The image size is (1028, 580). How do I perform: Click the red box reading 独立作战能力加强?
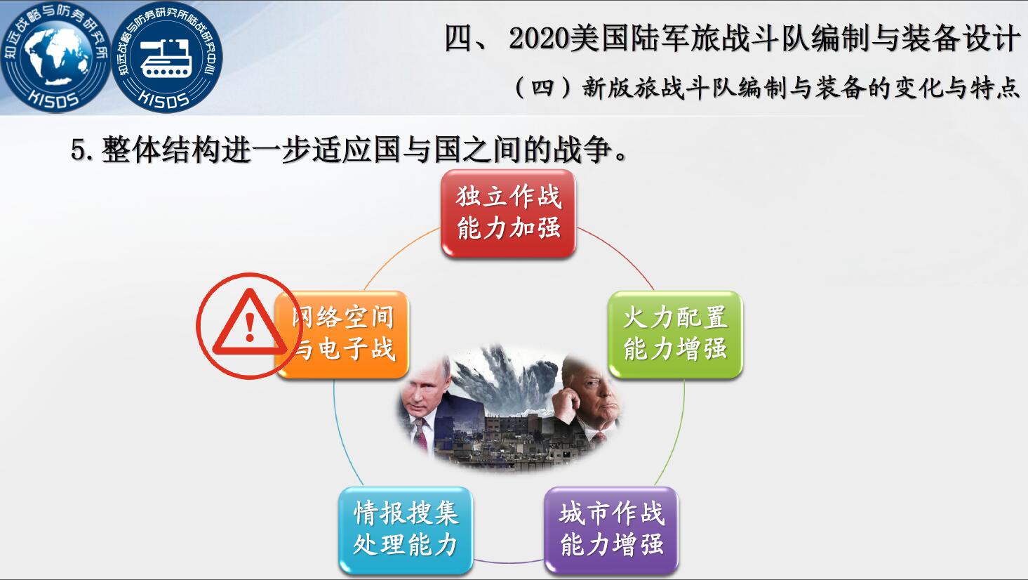[508, 213]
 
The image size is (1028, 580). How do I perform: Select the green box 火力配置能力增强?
[675, 334]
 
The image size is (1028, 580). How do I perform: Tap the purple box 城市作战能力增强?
[611, 530]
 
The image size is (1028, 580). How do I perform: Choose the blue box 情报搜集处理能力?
[406, 530]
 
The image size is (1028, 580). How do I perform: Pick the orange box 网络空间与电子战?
[342, 334]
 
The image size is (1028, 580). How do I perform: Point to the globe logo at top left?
[55, 56]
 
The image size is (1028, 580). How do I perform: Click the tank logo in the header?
[167, 56]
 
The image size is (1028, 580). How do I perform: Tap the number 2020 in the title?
[538, 39]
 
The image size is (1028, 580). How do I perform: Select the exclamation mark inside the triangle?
[250, 327]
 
